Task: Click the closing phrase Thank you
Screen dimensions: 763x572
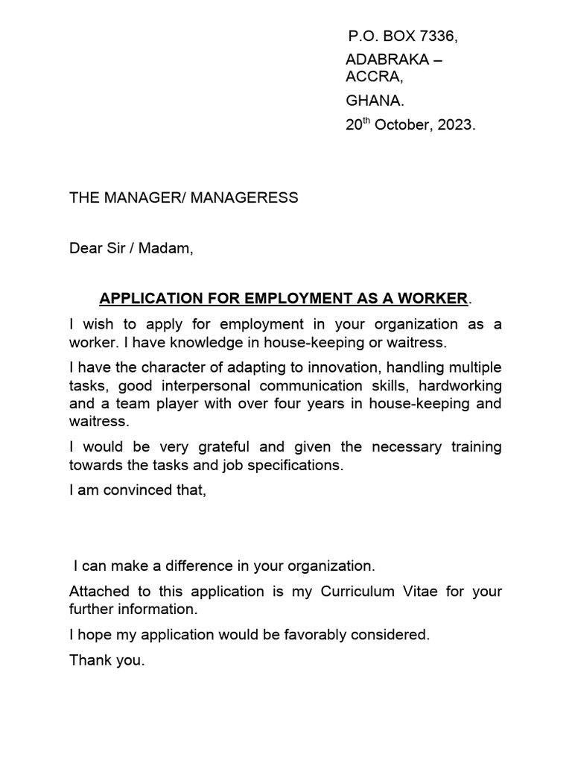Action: pos(107,660)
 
